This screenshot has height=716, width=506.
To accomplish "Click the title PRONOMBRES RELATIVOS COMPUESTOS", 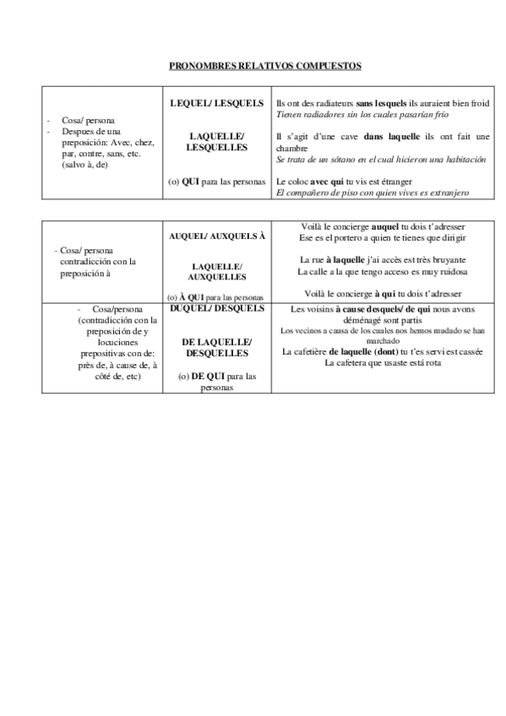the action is pyautogui.click(x=253, y=65).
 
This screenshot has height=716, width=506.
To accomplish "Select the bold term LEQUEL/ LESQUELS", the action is pyautogui.click(x=217, y=103).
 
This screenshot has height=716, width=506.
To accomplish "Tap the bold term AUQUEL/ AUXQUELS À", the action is pyautogui.click(x=217, y=236).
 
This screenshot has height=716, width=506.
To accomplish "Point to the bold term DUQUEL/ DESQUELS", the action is pyautogui.click(x=217, y=308).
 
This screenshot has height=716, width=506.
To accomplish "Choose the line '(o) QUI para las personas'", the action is pyautogui.click(x=217, y=182).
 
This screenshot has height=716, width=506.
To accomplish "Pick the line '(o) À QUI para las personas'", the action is pyautogui.click(x=217, y=297).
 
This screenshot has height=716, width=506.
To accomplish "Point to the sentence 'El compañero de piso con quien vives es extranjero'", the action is pyautogui.click(x=373, y=193).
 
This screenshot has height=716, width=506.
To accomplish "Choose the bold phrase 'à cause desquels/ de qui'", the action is pyautogui.click(x=378, y=309).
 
